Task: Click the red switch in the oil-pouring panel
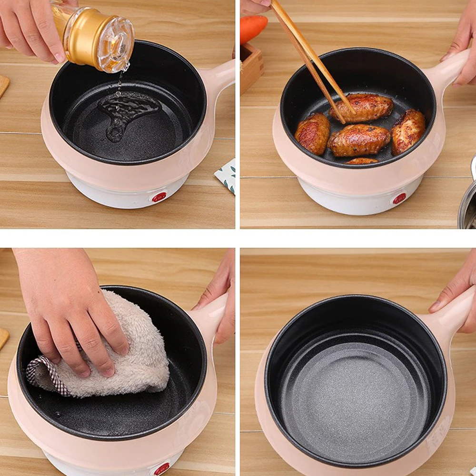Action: click(159, 197)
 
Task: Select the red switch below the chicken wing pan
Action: click(399, 198)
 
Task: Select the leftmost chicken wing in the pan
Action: click(312, 133)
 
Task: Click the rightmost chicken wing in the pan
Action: click(408, 130)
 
